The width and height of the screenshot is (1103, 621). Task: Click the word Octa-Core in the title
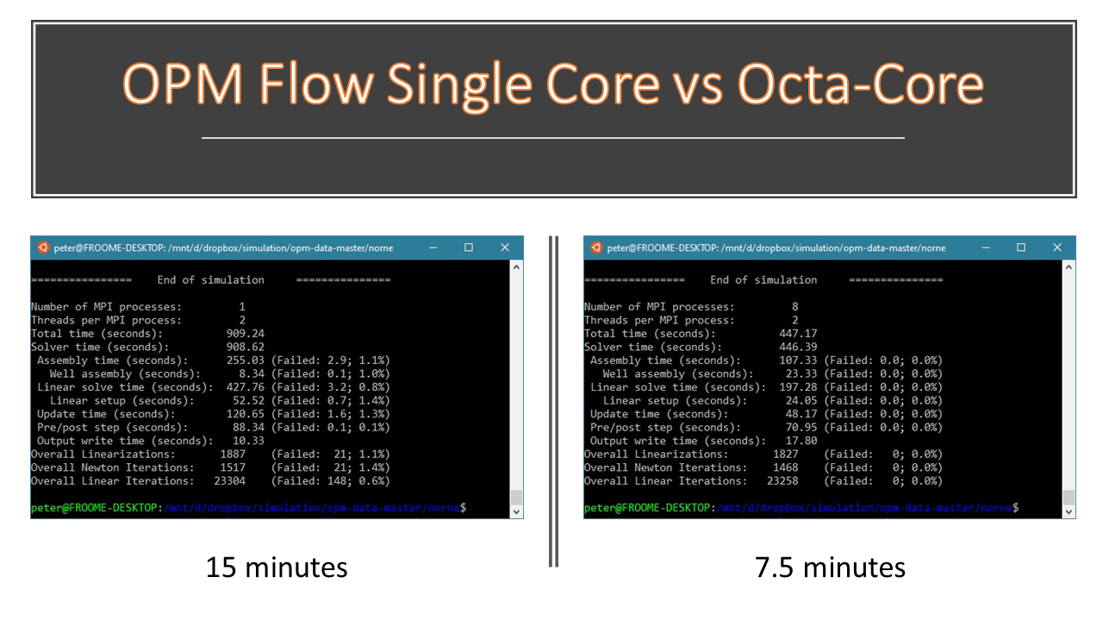[x=860, y=84]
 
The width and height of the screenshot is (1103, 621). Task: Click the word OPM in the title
[x=182, y=84]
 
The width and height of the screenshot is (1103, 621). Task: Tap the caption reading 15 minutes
[x=277, y=568]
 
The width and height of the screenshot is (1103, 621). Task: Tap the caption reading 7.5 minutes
[x=830, y=568]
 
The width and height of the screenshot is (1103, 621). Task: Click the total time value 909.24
[x=246, y=334]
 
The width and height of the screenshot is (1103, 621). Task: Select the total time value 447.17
[x=798, y=334]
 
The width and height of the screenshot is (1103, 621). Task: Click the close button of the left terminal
[x=505, y=248]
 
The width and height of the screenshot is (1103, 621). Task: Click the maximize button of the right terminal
[x=1021, y=248]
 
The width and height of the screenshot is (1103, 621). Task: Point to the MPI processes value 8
[x=795, y=306]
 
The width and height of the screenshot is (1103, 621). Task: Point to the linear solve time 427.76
[x=246, y=387]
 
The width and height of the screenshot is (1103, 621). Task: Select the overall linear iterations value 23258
[x=782, y=481]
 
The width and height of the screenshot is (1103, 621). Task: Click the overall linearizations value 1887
[x=233, y=455]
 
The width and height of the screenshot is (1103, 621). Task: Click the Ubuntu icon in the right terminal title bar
[x=596, y=248]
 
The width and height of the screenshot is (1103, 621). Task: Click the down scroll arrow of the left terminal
[x=516, y=512]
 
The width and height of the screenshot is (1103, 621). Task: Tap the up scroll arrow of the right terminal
[x=1069, y=267]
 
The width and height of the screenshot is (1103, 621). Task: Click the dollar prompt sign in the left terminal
[x=463, y=508]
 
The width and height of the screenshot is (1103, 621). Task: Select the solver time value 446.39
[x=798, y=347]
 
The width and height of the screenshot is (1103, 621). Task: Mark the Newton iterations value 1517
[x=233, y=467]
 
